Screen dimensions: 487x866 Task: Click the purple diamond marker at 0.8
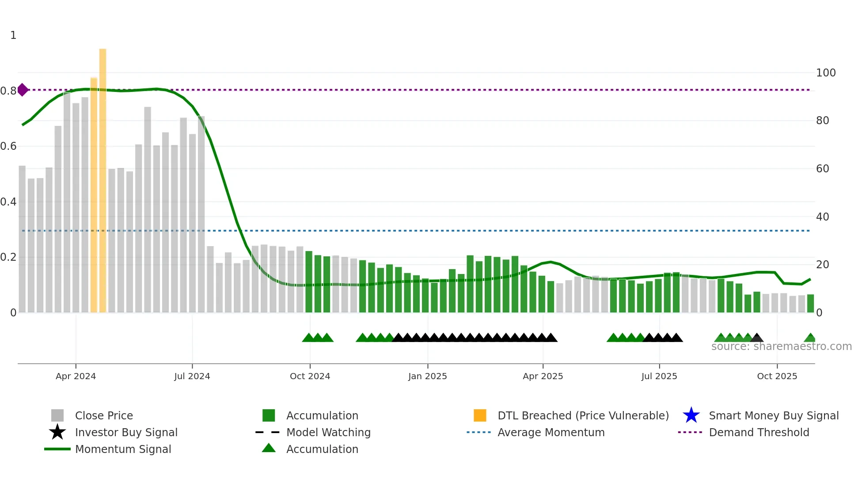click(23, 90)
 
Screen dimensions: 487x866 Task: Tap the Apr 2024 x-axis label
click(76, 376)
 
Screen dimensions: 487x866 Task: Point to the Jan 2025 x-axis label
click(427, 376)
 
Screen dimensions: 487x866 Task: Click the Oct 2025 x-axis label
click(777, 376)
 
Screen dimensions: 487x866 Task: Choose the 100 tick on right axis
click(825, 73)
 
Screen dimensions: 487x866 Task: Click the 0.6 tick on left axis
click(8, 146)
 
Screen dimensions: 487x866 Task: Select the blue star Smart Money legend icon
click(691, 415)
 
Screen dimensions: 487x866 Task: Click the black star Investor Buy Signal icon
click(57, 432)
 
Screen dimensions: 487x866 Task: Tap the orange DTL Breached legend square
click(480, 415)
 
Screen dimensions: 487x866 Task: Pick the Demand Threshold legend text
click(759, 432)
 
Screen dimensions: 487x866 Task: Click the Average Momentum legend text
click(551, 432)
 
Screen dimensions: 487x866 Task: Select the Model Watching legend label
click(328, 432)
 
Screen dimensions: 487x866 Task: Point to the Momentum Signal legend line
click(57, 449)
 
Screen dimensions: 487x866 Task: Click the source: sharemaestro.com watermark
click(781, 346)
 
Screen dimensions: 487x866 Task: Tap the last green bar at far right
click(810, 304)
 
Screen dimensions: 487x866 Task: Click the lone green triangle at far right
click(810, 338)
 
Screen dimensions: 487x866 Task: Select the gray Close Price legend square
click(57, 415)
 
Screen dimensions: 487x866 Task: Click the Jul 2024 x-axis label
click(192, 376)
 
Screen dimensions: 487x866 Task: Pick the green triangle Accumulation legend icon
click(269, 448)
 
